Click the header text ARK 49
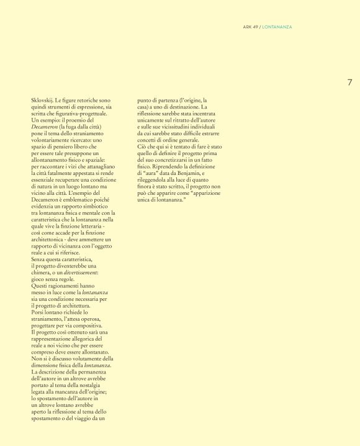[251, 27]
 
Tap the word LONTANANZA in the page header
[277, 27]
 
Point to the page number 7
[349, 82]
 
